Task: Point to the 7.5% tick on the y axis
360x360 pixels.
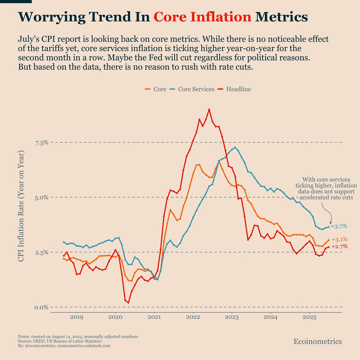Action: click(x=42, y=143)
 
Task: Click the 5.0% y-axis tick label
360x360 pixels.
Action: click(x=42, y=197)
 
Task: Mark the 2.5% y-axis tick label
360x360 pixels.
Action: click(x=42, y=252)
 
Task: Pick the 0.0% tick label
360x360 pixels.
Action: click(x=42, y=307)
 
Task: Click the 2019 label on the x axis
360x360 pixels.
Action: click(x=76, y=317)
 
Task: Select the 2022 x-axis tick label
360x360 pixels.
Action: click(x=193, y=317)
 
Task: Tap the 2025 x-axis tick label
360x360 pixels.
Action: click(x=309, y=317)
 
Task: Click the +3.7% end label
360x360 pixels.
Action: click(x=339, y=226)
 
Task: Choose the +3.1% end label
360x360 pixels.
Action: click(x=339, y=240)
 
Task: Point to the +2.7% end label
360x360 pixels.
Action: click(x=339, y=247)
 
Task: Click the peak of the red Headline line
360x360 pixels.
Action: click(x=209, y=109)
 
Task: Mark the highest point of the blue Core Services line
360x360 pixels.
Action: click(x=235, y=148)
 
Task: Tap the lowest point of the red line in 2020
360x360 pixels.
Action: click(x=128, y=302)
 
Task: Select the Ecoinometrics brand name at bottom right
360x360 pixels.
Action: click(x=317, y=342)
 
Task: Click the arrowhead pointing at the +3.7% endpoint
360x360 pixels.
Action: click(x=331, y=224)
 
